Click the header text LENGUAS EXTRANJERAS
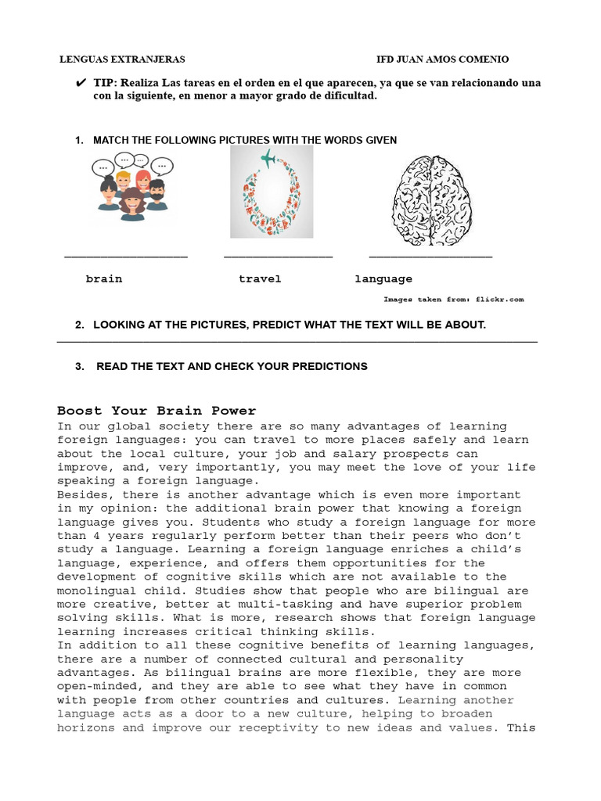(123, 59)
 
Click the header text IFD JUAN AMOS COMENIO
(442, 59)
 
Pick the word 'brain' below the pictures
(104, 279)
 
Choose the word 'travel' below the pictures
(260, 279)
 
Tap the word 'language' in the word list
(383, 279)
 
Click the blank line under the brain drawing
(430, 257)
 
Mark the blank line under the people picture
(125, 257)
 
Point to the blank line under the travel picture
(278, 257)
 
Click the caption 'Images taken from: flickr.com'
(453, 300)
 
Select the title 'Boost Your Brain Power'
(157, 411)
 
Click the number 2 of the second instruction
(79, 325)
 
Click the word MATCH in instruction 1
(111, 140)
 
